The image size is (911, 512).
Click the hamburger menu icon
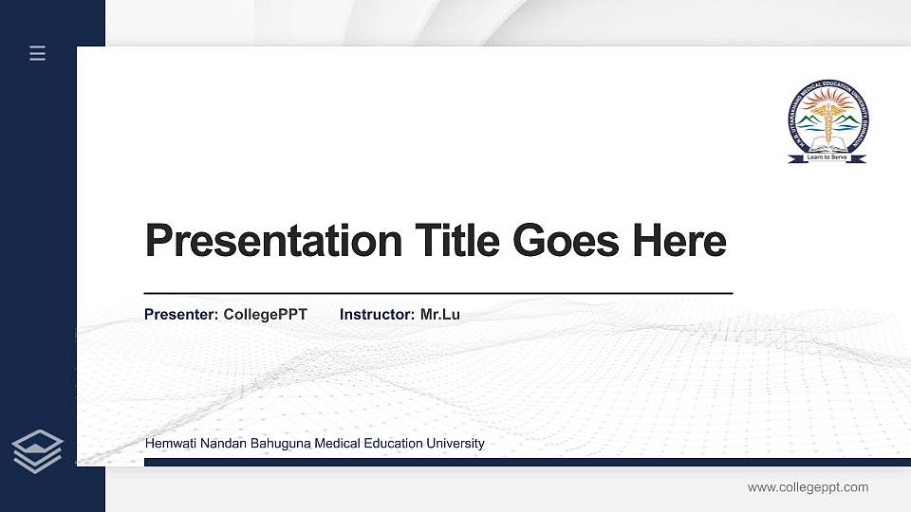[x=38, y=53]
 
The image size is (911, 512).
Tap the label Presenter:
[x=181, y=314]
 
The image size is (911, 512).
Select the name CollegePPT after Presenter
[x=266, y=314]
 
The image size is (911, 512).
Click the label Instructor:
[x=377, y=314]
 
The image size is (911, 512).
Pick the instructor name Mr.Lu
[x=440, y=314]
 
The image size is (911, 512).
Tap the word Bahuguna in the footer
[x=276, y=443]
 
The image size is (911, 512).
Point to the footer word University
[x=454, y=443]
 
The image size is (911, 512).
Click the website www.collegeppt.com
[x=808, y=487]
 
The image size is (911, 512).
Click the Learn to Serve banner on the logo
[x=827, y=157]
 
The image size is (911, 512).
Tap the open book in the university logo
[x=827, y=145]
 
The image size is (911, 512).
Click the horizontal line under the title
[x=437, y=294]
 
